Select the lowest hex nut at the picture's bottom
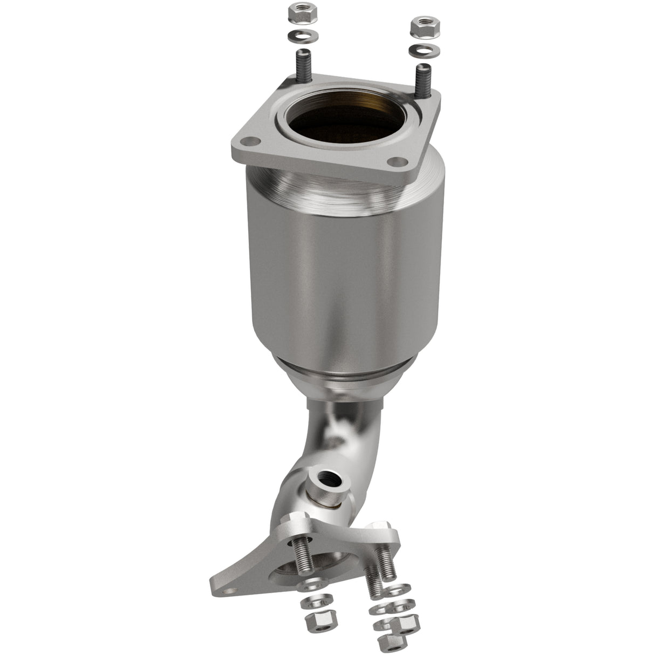[x=388, y=642]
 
